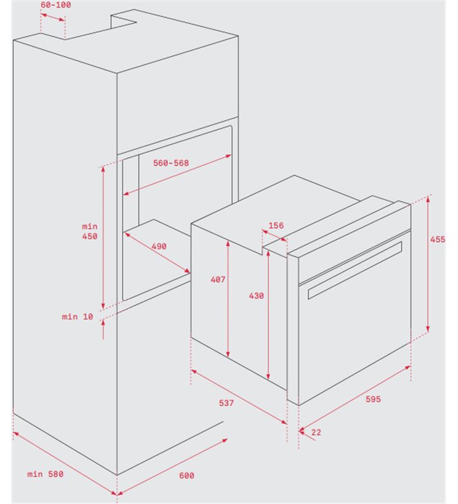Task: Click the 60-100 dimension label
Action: click(x=56, y=5)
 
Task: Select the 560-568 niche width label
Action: click(x=171, y=163)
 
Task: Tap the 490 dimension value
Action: click(x=159, y=246)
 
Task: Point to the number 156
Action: click(x=276, y=226)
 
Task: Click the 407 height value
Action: click(x=218, y=280)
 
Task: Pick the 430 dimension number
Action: click(x=257, y=295)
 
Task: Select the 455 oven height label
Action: click(x=438, y=239)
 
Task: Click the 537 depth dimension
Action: click(x=226, y=403)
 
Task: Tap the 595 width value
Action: click(x=373, y=399)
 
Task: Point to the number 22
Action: click(x=316, y=432)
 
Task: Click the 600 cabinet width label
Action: click(x=187, y=476)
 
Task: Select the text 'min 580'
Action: click(x=45, y=474)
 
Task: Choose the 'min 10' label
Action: click(x=77, y=317)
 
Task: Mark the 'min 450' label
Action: click(x=89, y=231)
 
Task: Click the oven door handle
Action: click(x=355, y=270)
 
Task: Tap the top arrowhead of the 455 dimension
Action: click(x=428, y=198)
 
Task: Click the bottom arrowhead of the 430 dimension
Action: click(x=268, y=377)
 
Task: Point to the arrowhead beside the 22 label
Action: click(x=301, y=430)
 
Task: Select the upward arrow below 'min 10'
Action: click(x=103, y=329)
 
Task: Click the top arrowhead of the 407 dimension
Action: click(x=228, y=244)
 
